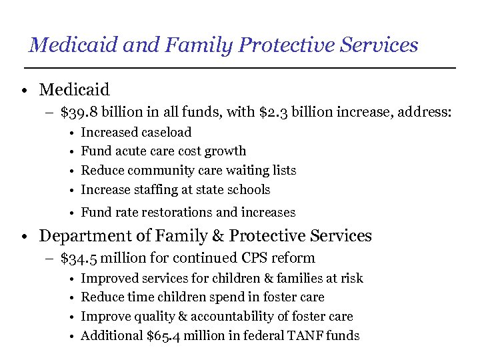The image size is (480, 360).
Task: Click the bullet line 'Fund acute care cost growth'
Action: (163, 151)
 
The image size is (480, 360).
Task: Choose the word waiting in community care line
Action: (239, 171)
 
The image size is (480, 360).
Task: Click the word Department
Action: (82, 236)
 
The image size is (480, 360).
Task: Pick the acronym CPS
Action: (246, 258)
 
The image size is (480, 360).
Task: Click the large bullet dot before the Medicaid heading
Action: (23, 90)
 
